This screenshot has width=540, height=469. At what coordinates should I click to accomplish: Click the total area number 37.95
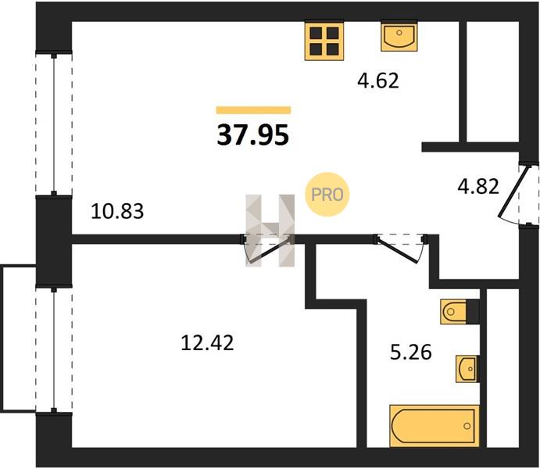pyautogui.click(x=253, y=135)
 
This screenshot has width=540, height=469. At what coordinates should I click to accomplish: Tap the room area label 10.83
pyautogui.click(x=117, y=211)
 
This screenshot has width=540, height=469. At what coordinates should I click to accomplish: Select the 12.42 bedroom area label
pyautogui.click(x=207, y=343)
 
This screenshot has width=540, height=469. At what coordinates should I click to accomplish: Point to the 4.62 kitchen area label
pyautogui.click(x=378, y=81)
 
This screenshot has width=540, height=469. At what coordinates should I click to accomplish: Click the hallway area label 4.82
pyautogui.click(x=478, y=186)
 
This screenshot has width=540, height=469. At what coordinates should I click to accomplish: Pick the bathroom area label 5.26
pyautogui.click(x=411, y=353)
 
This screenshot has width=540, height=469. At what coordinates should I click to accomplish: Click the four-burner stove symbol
pyautogui.click(x=324, y=41)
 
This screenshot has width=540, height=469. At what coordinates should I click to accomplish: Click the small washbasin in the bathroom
pyautogui.click(x=467, y=369)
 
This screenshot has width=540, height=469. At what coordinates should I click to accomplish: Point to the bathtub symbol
pyautogui.click(x=435, y=426)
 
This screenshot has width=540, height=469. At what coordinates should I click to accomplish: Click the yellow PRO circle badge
pyautogui.click(x=327, y=195)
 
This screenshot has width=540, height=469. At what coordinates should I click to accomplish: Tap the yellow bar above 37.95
pyautogui.click(x=253, y=110)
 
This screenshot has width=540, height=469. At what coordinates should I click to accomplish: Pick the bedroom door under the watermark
pyautogui.click(x=267, y=252)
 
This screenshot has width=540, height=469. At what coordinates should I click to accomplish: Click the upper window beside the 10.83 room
pyautogui.click(x=54, y=124)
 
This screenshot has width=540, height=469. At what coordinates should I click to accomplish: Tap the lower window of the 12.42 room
pyautogui.click(x=54, y=349)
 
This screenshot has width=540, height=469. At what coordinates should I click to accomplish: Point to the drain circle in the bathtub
pyautogui.click(x=467, y=426)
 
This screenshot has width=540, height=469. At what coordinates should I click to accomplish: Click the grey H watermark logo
pyautogui.click(x=270, y=231)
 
